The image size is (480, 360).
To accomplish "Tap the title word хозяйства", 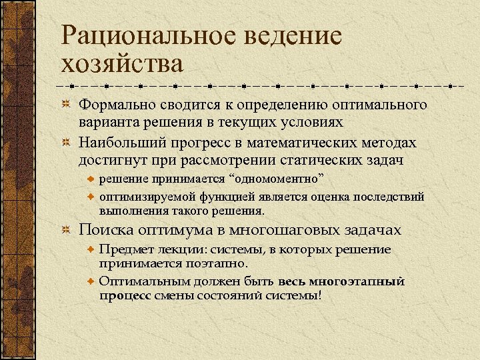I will coord(121,64).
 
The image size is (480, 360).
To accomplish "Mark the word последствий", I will coord(385,197).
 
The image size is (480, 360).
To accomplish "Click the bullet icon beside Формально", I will coord(65,105).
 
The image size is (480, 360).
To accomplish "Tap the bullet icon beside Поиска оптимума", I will coord(65,230).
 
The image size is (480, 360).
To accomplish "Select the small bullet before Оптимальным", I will coord(92,281).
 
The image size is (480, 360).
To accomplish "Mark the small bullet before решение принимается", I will coord(92,181).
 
